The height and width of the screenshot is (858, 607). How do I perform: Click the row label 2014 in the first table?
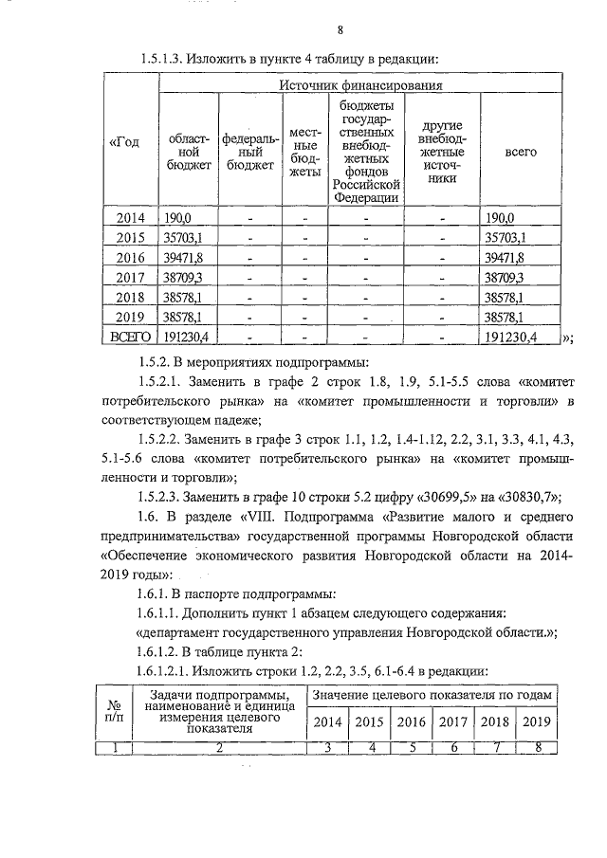coord(130,218)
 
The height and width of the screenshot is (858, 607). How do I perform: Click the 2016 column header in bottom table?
coord(410,721)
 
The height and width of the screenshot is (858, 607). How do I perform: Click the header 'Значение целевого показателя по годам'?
coord(432,695)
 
